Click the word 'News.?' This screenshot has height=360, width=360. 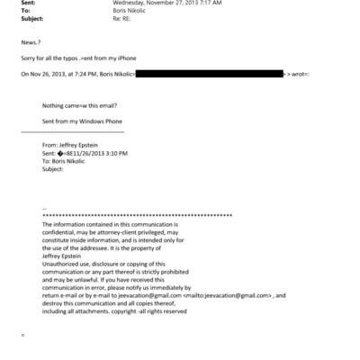[31, 42]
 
